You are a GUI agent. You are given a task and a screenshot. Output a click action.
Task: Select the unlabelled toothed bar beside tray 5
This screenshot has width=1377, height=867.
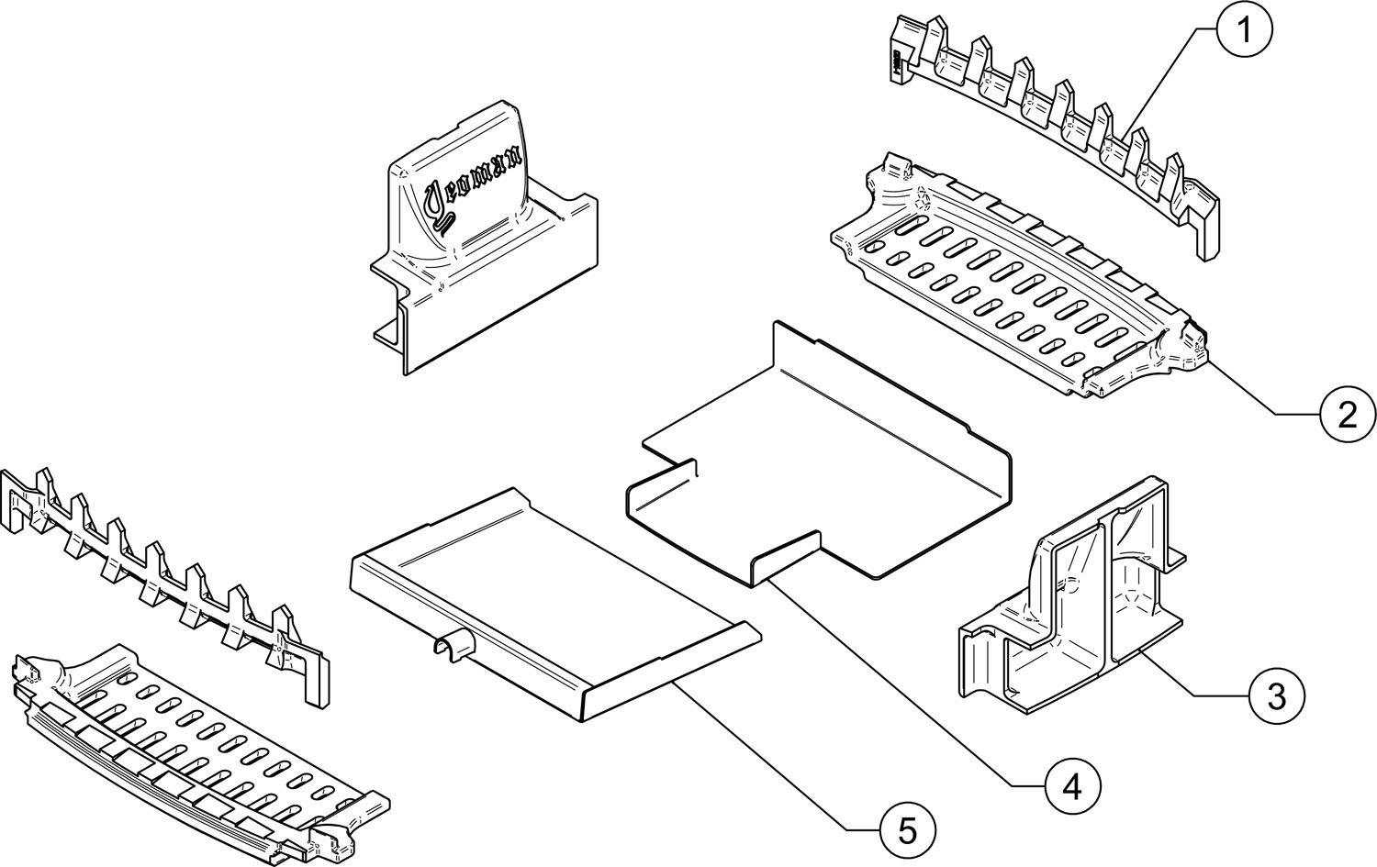pyautogui.click(x=165, y=587)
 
